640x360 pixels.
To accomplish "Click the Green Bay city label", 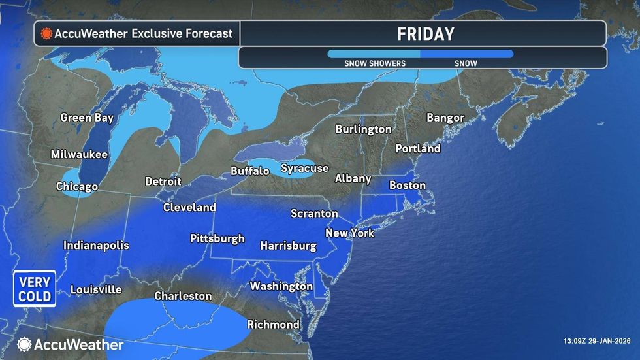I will coord(87,118).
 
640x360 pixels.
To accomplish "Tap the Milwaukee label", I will coord(80,155).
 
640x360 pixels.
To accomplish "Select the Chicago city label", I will coord(77,186).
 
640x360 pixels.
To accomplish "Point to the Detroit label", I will coord(163,181).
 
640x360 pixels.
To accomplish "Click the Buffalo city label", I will coord(249,171).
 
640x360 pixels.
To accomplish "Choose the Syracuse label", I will coord(304,169).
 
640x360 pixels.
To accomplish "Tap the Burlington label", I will coord(363,129).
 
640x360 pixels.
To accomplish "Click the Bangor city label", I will coord(445,118).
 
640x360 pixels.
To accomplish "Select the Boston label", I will coord(408,186).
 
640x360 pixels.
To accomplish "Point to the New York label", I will coord(349,233).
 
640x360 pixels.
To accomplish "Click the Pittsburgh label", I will coord(217,238).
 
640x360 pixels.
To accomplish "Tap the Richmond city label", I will coord(274,324).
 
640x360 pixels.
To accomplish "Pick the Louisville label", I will coord(96,289).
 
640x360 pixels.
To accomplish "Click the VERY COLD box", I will coord(35,289).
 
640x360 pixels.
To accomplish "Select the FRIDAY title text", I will coord(426,34).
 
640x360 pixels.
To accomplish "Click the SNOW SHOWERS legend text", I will coord(375,63).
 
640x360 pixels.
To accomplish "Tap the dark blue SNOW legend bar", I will coord(466,54).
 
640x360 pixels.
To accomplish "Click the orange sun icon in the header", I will coord(46,33).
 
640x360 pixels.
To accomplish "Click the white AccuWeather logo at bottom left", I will coord(70,344).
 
